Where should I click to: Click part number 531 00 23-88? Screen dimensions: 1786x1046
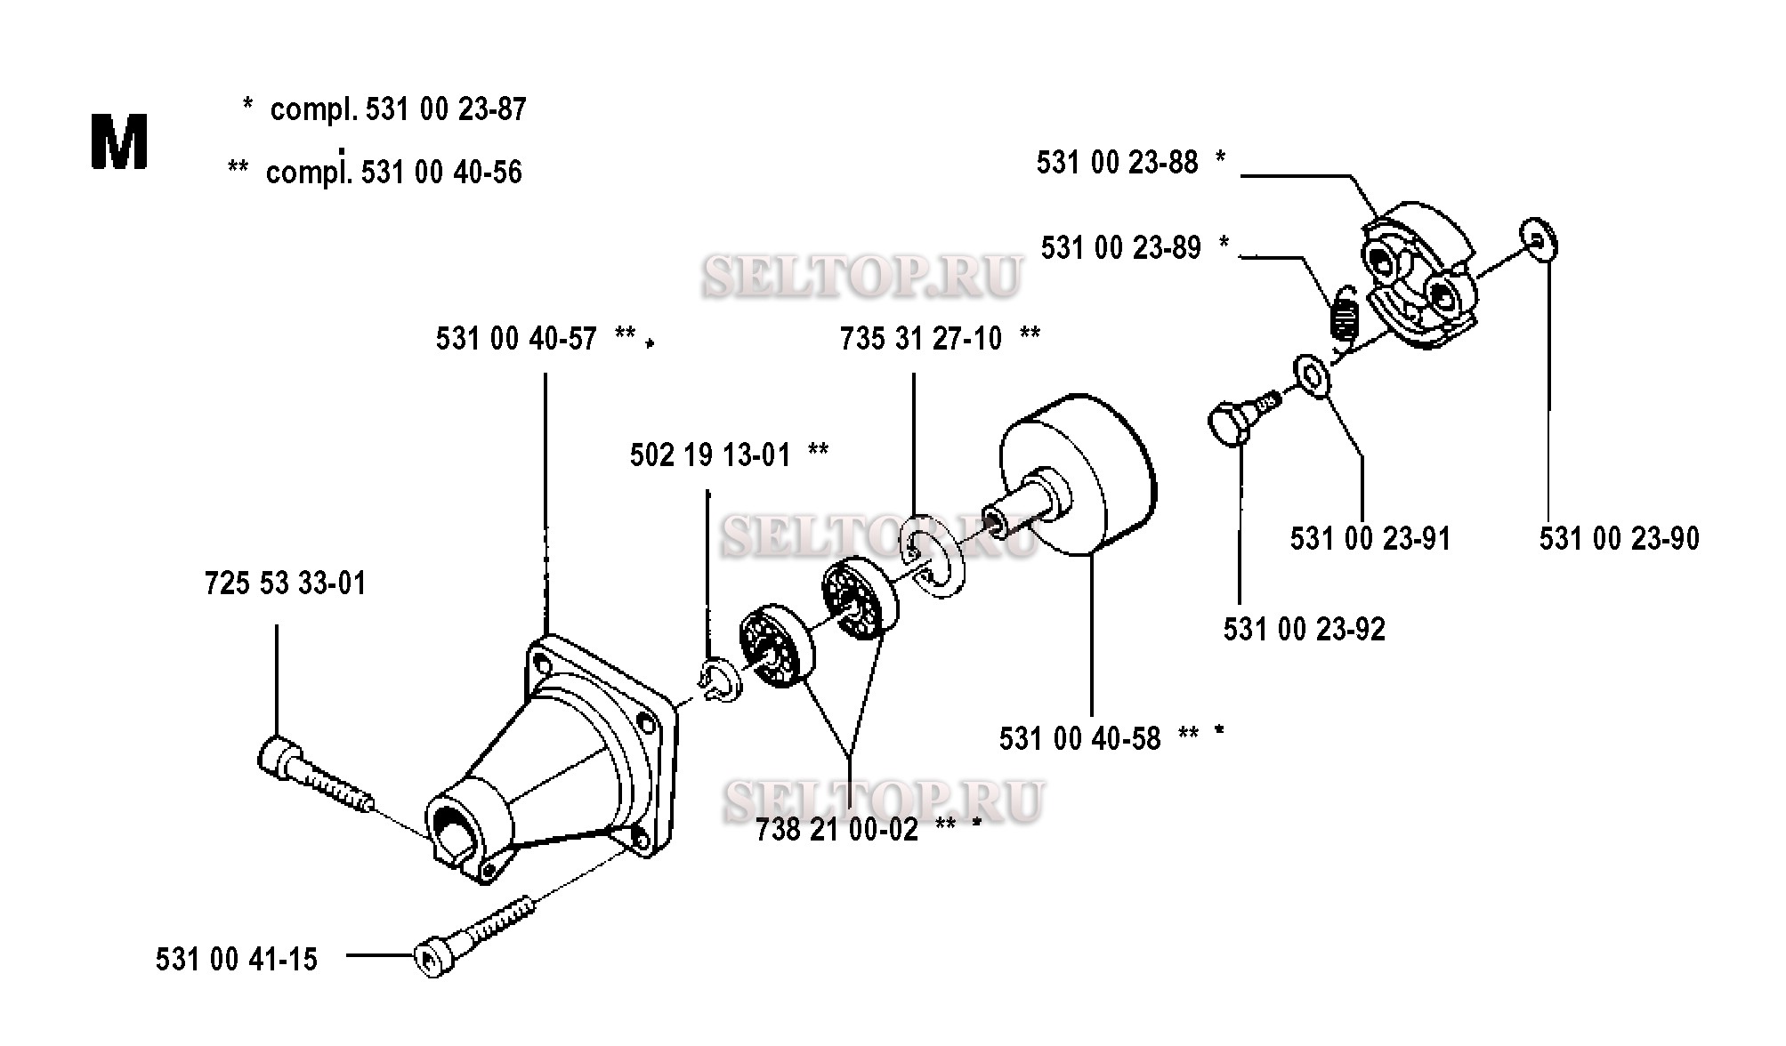click(x=1117, y=163)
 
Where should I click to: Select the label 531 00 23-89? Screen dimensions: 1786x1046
click(x=1121, y=247)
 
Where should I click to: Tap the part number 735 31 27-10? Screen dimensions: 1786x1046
click(x=921, y=338)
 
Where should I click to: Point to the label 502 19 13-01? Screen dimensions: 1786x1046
click(x=710, y=455)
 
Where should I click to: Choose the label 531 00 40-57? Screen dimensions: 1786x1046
click(x=516, y=339)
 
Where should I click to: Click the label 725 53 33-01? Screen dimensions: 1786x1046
click(x=285, y=583)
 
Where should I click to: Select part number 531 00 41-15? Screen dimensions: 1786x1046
click(x=237, y=960)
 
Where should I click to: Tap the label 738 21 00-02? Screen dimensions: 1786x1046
click(x=836, y=830)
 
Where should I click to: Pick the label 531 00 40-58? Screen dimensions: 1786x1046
click(x=1080, y=738)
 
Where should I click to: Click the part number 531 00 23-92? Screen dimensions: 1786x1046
click(x=1305, y=630)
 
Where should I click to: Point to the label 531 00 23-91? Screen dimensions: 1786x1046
click(x=1370, y=538)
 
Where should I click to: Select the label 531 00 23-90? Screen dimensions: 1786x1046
click(x=1620, y=538)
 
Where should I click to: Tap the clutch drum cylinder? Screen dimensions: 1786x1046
click(x=1078, y=474)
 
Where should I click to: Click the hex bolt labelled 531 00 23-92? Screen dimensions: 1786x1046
click(x=1243, y=421)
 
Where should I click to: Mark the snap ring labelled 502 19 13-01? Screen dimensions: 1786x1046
click(x=717, y=680)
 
